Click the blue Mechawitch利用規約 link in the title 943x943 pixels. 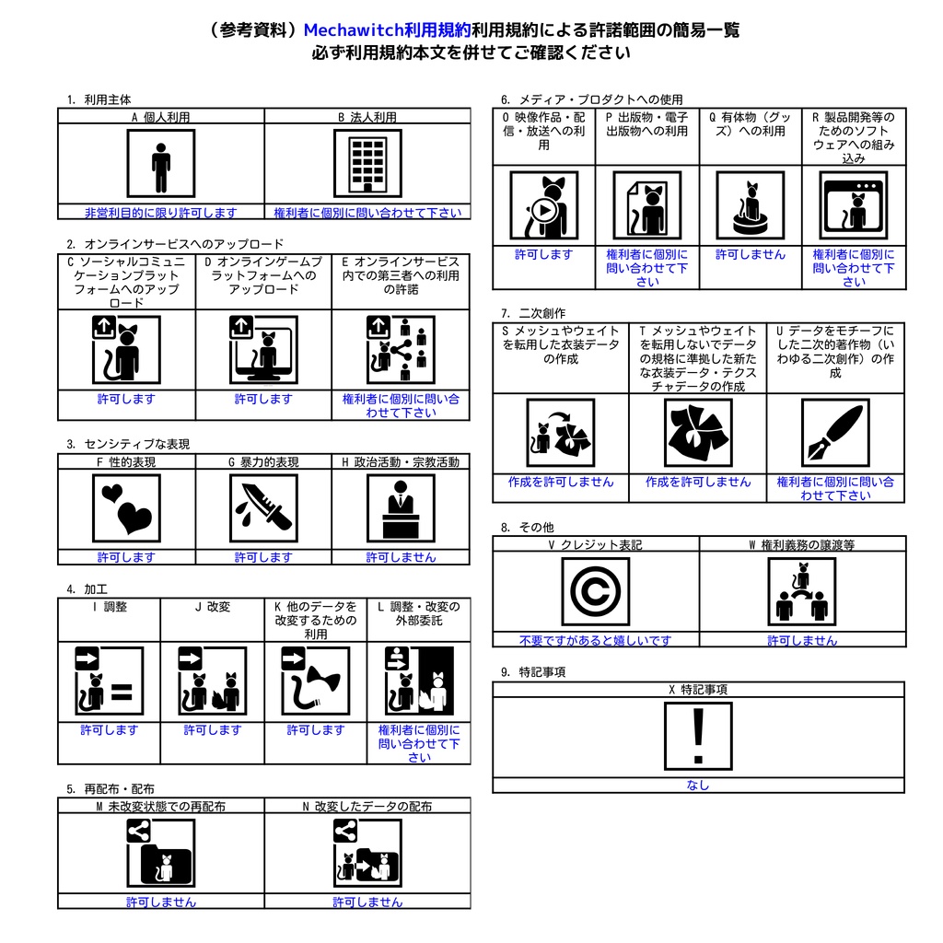click(x=387, y=29)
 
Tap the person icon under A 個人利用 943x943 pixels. click(x=160, y=164)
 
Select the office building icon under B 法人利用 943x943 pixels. click(x=367, y=164)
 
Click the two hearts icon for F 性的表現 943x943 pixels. click(x=126, y=508)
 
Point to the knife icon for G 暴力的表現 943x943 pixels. click(x=263, y=508)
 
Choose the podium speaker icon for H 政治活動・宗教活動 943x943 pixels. click(x=401, y=508)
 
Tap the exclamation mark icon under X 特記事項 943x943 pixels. click(x=698, y=736)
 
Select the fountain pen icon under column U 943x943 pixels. click(x=835, y=433)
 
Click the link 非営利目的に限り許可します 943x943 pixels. click(x=160, y=213)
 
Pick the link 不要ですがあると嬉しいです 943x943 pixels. click(x=596, y=641)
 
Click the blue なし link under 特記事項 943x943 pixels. click(x=698, y=785)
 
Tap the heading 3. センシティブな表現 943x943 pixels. click(x=128, y=444)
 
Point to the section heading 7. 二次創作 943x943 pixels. click(x=533, y=313)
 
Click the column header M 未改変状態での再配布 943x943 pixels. click(x=160, y=806)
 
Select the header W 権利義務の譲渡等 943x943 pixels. click(x=802, y=544)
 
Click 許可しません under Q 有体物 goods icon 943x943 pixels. click(x=751, y=254)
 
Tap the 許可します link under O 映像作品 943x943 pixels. click(x=543, y=254)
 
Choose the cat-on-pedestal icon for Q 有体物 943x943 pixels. click(x=751, y=205)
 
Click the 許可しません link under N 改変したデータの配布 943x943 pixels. click(x=367, y=902)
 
